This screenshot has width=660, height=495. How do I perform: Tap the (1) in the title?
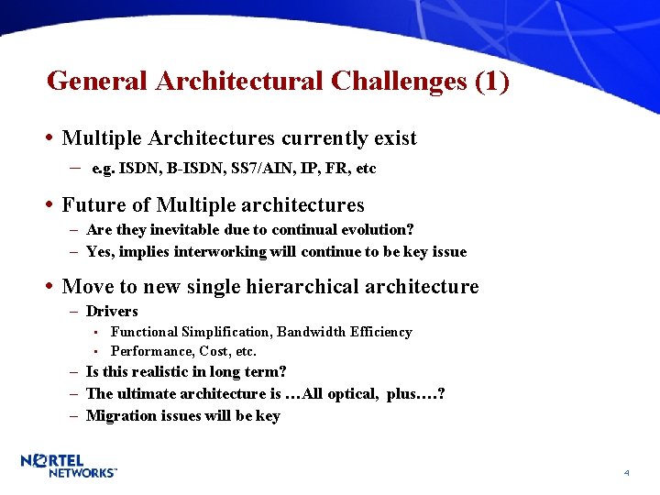pos(492,82)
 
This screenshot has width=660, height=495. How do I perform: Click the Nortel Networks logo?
pos(69,466)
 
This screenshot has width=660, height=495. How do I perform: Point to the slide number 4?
pos(626,473)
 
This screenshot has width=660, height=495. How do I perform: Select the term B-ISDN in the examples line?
pos(180,169)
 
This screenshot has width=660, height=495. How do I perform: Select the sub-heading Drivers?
pos(112,312)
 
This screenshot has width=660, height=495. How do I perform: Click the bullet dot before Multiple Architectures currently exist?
pos(48,138)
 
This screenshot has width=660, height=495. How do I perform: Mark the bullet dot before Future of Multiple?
pos(48,204)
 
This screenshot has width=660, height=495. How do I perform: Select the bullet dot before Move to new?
pos(48,287)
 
